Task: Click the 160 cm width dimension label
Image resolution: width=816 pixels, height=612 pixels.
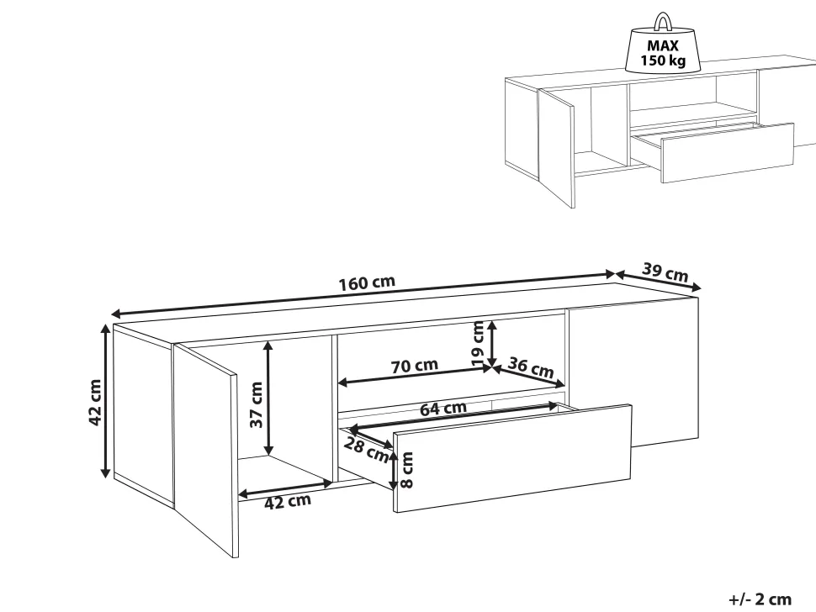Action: (x=368, y=282)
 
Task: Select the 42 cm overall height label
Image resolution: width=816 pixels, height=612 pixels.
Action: (x=95, y=402)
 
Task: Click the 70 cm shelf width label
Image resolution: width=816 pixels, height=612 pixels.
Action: (x=414, y=366)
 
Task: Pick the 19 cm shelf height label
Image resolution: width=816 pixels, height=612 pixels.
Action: (x=477, y=343)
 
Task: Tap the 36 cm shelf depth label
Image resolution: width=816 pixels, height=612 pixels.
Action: (x=530, y=367)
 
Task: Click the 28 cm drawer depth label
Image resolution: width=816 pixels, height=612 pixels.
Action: (x=367, y=449)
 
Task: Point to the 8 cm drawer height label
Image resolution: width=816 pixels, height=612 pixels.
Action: (x=407, y=470)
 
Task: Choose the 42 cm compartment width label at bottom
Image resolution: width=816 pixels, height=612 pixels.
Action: (x=288, y=502)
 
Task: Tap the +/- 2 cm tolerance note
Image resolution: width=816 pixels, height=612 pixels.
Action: (x=760, y=599)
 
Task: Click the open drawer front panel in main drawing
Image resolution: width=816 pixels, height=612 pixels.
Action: (x=512, y=458)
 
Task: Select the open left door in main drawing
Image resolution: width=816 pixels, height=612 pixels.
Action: (x=206, y=451)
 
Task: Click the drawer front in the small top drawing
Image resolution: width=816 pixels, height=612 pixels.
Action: (x=728, y=153)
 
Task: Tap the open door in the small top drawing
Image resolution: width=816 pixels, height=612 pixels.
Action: (x=556, y=148)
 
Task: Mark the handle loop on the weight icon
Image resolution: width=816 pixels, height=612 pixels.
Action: (x=663, y=22)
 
